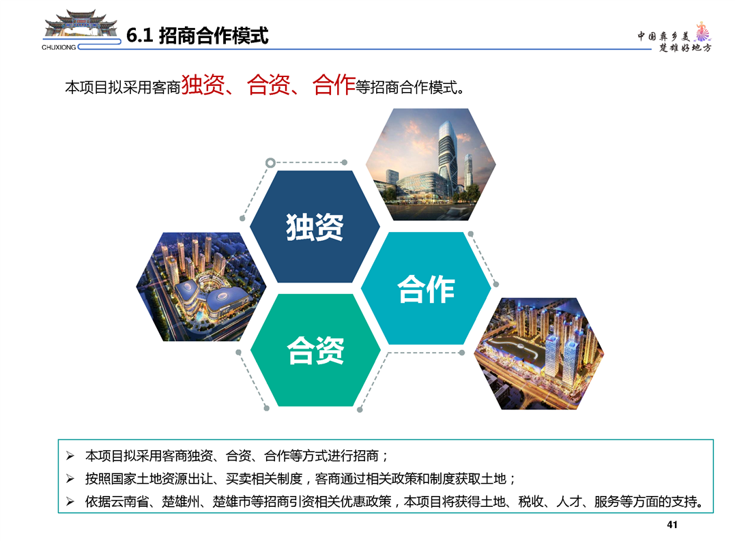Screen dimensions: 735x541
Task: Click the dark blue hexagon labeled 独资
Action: point(315,226)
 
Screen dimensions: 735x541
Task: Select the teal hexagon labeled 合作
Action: point(426,289)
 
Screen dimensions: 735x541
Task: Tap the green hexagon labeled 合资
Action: point(315,351)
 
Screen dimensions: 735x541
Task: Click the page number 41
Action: point(672,525)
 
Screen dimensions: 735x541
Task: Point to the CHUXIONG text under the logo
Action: point(59,47)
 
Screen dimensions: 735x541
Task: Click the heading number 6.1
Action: point(140,35)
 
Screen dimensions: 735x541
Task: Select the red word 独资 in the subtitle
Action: point(203,85)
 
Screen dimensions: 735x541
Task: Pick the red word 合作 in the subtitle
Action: point(334,85)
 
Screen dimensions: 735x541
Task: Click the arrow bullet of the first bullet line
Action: point(70,455)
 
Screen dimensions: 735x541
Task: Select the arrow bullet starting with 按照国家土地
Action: point(70,478)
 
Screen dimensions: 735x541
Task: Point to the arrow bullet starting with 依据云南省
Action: point(70,501)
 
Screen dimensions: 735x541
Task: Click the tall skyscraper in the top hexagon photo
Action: point(446,155)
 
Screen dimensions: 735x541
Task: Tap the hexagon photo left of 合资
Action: point(201,287)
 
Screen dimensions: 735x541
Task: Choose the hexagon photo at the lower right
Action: point(539,353)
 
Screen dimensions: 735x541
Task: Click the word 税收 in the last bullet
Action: point(531,501)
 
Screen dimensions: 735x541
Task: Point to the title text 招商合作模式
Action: point(214,35)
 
